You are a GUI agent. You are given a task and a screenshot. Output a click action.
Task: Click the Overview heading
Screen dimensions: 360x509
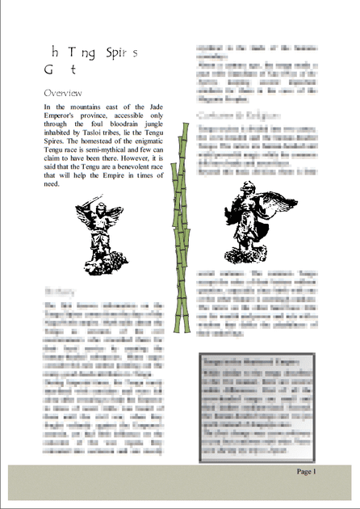click(x=67, y=93)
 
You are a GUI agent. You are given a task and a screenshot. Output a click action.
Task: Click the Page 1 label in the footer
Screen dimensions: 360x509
click(x=305, y=471)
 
